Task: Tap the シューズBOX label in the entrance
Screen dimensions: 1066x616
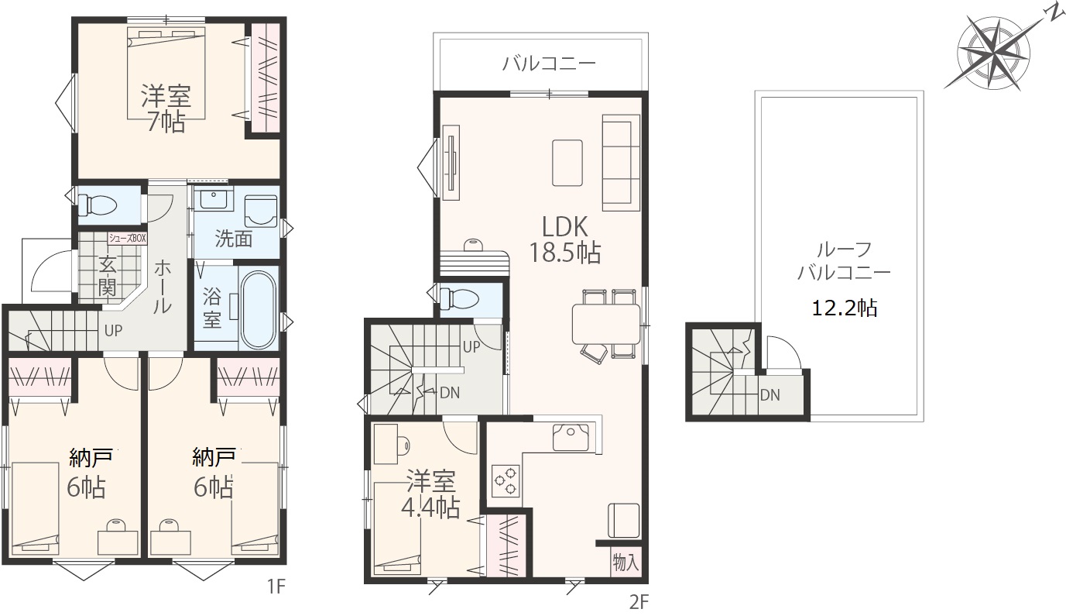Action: (x=128, y=238)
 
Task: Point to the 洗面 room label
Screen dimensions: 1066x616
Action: (x=233, y=239)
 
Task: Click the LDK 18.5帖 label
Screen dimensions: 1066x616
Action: (x=565, y=239)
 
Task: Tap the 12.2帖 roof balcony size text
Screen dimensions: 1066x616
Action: (x=845, y=308)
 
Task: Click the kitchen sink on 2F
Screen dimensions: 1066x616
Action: (x=571, y=437)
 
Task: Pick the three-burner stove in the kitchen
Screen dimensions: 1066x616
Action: (x=505, y=480)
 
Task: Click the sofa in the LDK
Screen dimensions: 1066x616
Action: (x=621, y=163)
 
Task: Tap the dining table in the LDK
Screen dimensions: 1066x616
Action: (x=606, y=324)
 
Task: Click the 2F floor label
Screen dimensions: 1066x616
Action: (x=639, y=603)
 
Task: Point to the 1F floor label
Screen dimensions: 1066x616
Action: (x=276, y=587)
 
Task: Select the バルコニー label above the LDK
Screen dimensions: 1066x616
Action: (x=549, y=64)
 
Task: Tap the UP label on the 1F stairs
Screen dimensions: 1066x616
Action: (x=113, y=331)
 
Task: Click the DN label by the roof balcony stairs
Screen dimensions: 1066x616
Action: (x=770, y=395)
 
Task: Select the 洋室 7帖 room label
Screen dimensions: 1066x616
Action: (x=166, y=109)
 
